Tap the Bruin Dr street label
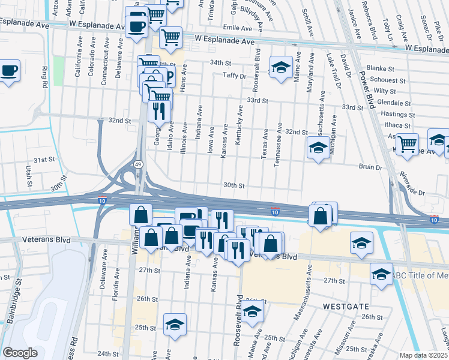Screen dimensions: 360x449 pos(370,167)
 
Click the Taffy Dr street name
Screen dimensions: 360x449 pos(235,76)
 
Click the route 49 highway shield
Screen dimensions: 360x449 pos(138,164)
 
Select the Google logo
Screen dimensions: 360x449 pos(20,352)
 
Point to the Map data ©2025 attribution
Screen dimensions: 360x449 pos(424,355)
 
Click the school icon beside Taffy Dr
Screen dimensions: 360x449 pos(280,68)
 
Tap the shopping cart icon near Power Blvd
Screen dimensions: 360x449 pos(408,144)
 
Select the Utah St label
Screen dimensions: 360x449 pos(28,176)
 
